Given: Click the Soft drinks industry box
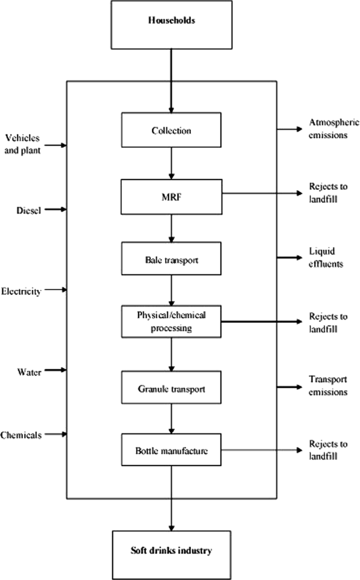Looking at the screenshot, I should click(171, 552).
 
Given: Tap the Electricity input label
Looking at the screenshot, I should click(21, 291).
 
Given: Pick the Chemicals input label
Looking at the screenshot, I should click(22, 435).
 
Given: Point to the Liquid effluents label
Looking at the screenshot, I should click(325, 258).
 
